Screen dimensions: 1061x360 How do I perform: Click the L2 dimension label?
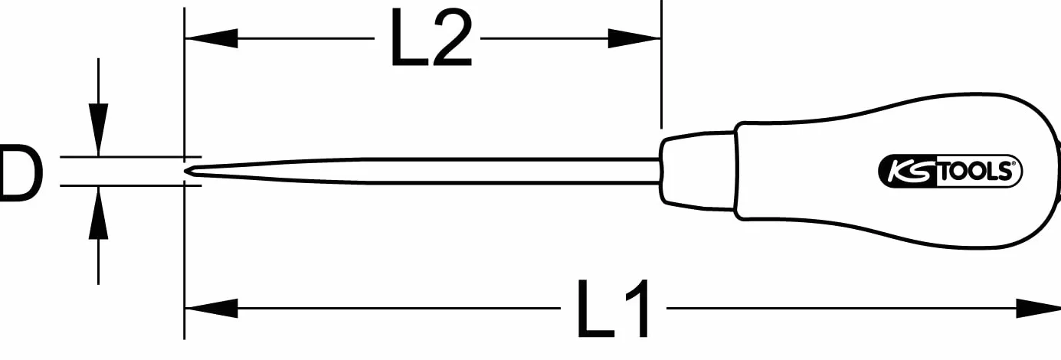431,38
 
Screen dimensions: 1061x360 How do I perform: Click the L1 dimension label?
614,309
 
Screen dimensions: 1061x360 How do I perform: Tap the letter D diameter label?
20,173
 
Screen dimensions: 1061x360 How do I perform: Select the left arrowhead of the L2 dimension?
211,38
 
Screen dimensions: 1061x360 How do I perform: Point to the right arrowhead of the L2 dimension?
635,38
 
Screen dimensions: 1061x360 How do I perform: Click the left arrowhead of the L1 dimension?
211,309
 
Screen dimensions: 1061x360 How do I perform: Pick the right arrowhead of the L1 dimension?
1038,309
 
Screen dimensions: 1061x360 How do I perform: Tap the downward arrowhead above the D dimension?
98,129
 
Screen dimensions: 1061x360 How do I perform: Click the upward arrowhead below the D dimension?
98,212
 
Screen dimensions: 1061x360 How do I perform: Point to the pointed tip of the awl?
187,172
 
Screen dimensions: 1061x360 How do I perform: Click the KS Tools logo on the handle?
950,171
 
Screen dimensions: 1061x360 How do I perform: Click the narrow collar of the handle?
698,171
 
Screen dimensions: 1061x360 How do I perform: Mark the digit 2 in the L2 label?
453,38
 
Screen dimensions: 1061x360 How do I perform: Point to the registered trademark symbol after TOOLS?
1014,164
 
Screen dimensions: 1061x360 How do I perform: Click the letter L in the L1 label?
596,309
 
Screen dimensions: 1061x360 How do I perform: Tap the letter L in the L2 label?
409,38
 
